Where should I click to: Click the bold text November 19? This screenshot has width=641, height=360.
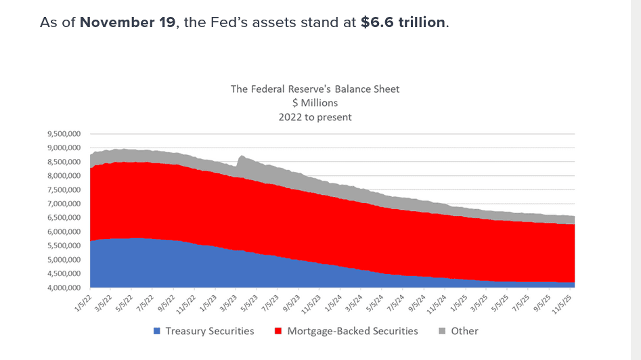(125, 22)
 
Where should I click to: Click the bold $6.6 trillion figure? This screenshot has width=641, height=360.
(403, 22)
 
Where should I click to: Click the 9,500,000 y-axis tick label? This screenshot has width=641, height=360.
(65, 134)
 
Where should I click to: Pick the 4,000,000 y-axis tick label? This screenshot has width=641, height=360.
(65, 288)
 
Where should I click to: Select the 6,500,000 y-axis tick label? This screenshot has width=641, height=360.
(65, 218)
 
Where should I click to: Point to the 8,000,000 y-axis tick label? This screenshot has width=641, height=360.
(65, 176)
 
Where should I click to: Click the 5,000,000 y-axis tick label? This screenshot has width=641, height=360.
(65, 260)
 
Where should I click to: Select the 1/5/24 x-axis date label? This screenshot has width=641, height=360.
(333, 302)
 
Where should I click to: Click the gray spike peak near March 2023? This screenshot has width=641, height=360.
(241, 156)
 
